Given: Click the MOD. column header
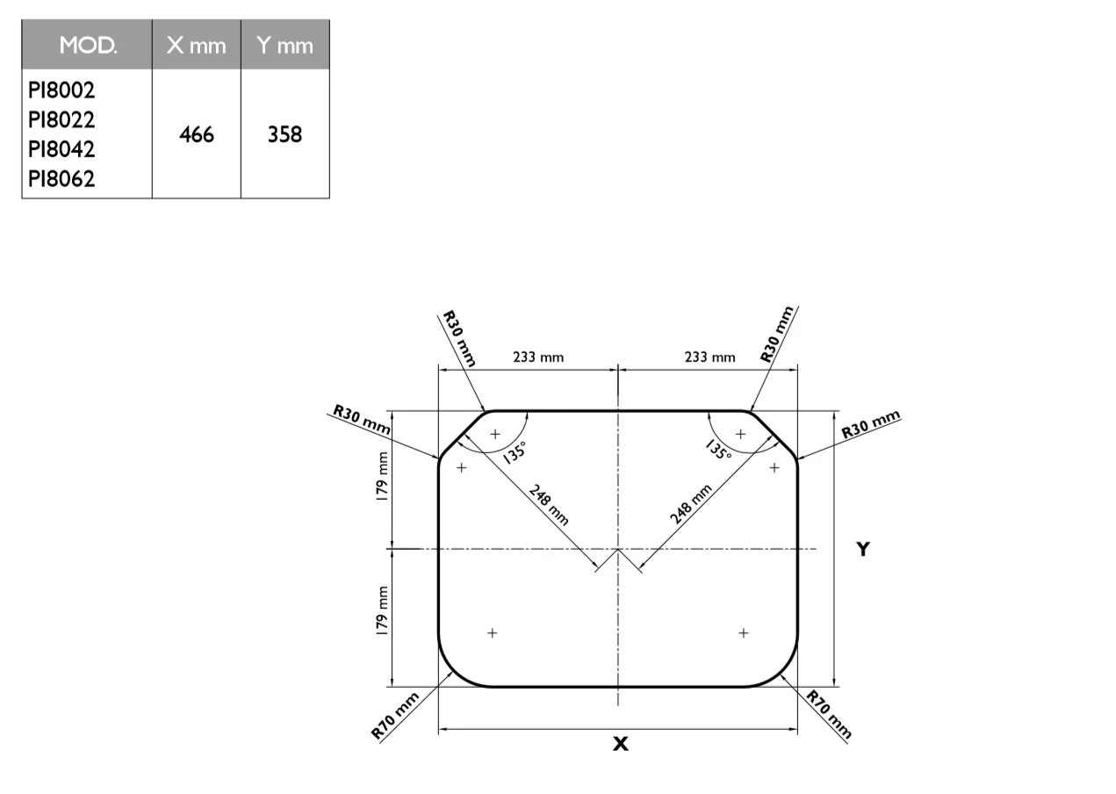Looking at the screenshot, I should [x=87, y=46].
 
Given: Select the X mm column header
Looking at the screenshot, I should [x=196, y=46].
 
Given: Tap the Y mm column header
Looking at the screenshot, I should [x=284, y=46].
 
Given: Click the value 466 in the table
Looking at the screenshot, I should [x=196, y=134].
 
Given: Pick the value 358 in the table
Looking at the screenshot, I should [x=284, y=134].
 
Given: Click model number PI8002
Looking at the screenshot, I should [x=61, y=90].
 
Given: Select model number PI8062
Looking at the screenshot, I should [x=61, y=179].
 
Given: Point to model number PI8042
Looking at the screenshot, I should [x=61, y=149].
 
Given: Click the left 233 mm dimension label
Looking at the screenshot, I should [x=538, y=357].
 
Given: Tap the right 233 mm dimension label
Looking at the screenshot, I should [x=709, y=357].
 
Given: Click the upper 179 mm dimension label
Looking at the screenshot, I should [x=382, y=477].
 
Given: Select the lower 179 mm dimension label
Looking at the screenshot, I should [x=382, y=611].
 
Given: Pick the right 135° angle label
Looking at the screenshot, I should [x=718, y=451].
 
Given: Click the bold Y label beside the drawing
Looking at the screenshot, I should [x=863, y=550].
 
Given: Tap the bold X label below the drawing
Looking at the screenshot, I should [x=621, y=744].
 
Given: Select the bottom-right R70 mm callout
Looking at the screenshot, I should [x=830, y=716].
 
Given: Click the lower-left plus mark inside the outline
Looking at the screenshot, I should [x=493, y=632].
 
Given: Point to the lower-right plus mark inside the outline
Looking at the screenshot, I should [x=744, y=632].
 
